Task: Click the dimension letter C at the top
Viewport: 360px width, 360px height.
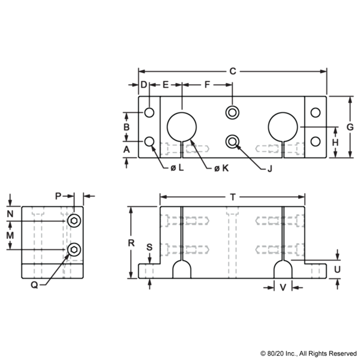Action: (x=233, y=71)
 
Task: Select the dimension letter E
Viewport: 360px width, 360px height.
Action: (x=166, y=85)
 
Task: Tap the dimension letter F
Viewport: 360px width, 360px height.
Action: (x=207, y=85)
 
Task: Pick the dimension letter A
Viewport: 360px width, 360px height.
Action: (x=126, y=148)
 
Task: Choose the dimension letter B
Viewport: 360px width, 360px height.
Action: (x=126, y=127)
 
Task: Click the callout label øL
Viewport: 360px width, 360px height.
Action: (x=178, y=169)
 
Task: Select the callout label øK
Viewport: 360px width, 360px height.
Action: (x=221, y=169)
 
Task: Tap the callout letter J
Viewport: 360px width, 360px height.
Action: (x=269, y=169)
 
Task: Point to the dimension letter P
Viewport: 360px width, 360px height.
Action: (x=57, y=196)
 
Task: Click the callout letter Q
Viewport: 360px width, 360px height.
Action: (x=34, y=286)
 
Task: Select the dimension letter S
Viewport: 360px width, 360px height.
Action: (x=149, y=246)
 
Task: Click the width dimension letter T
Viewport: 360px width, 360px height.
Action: (x=233, y=197)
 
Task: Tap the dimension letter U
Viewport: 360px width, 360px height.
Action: (x=337, y=269)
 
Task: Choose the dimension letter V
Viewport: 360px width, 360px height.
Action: (x=282, y=287)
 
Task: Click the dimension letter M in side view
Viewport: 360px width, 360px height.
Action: (x=10, y=236)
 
